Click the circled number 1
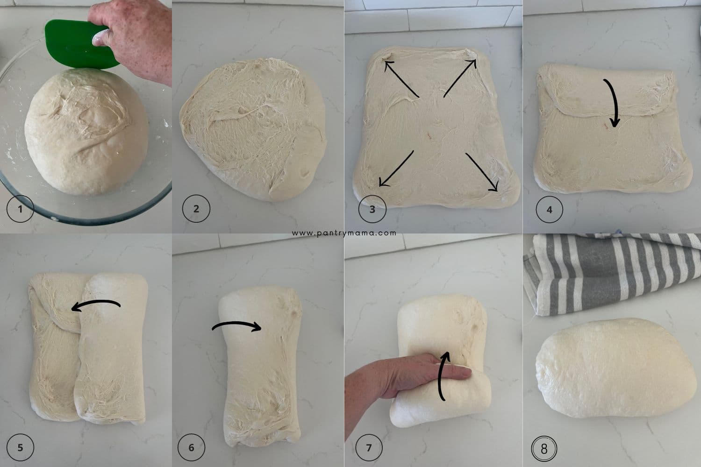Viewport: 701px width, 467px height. (x=20, y=209)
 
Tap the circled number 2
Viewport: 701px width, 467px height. (x=196, y=209)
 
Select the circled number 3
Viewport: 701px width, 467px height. (x=372, y=209)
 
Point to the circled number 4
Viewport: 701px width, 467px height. (x=549, y=210)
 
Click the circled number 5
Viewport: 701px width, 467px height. (x=20, y=447)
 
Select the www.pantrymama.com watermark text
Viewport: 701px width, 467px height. (x=344, y=233)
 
